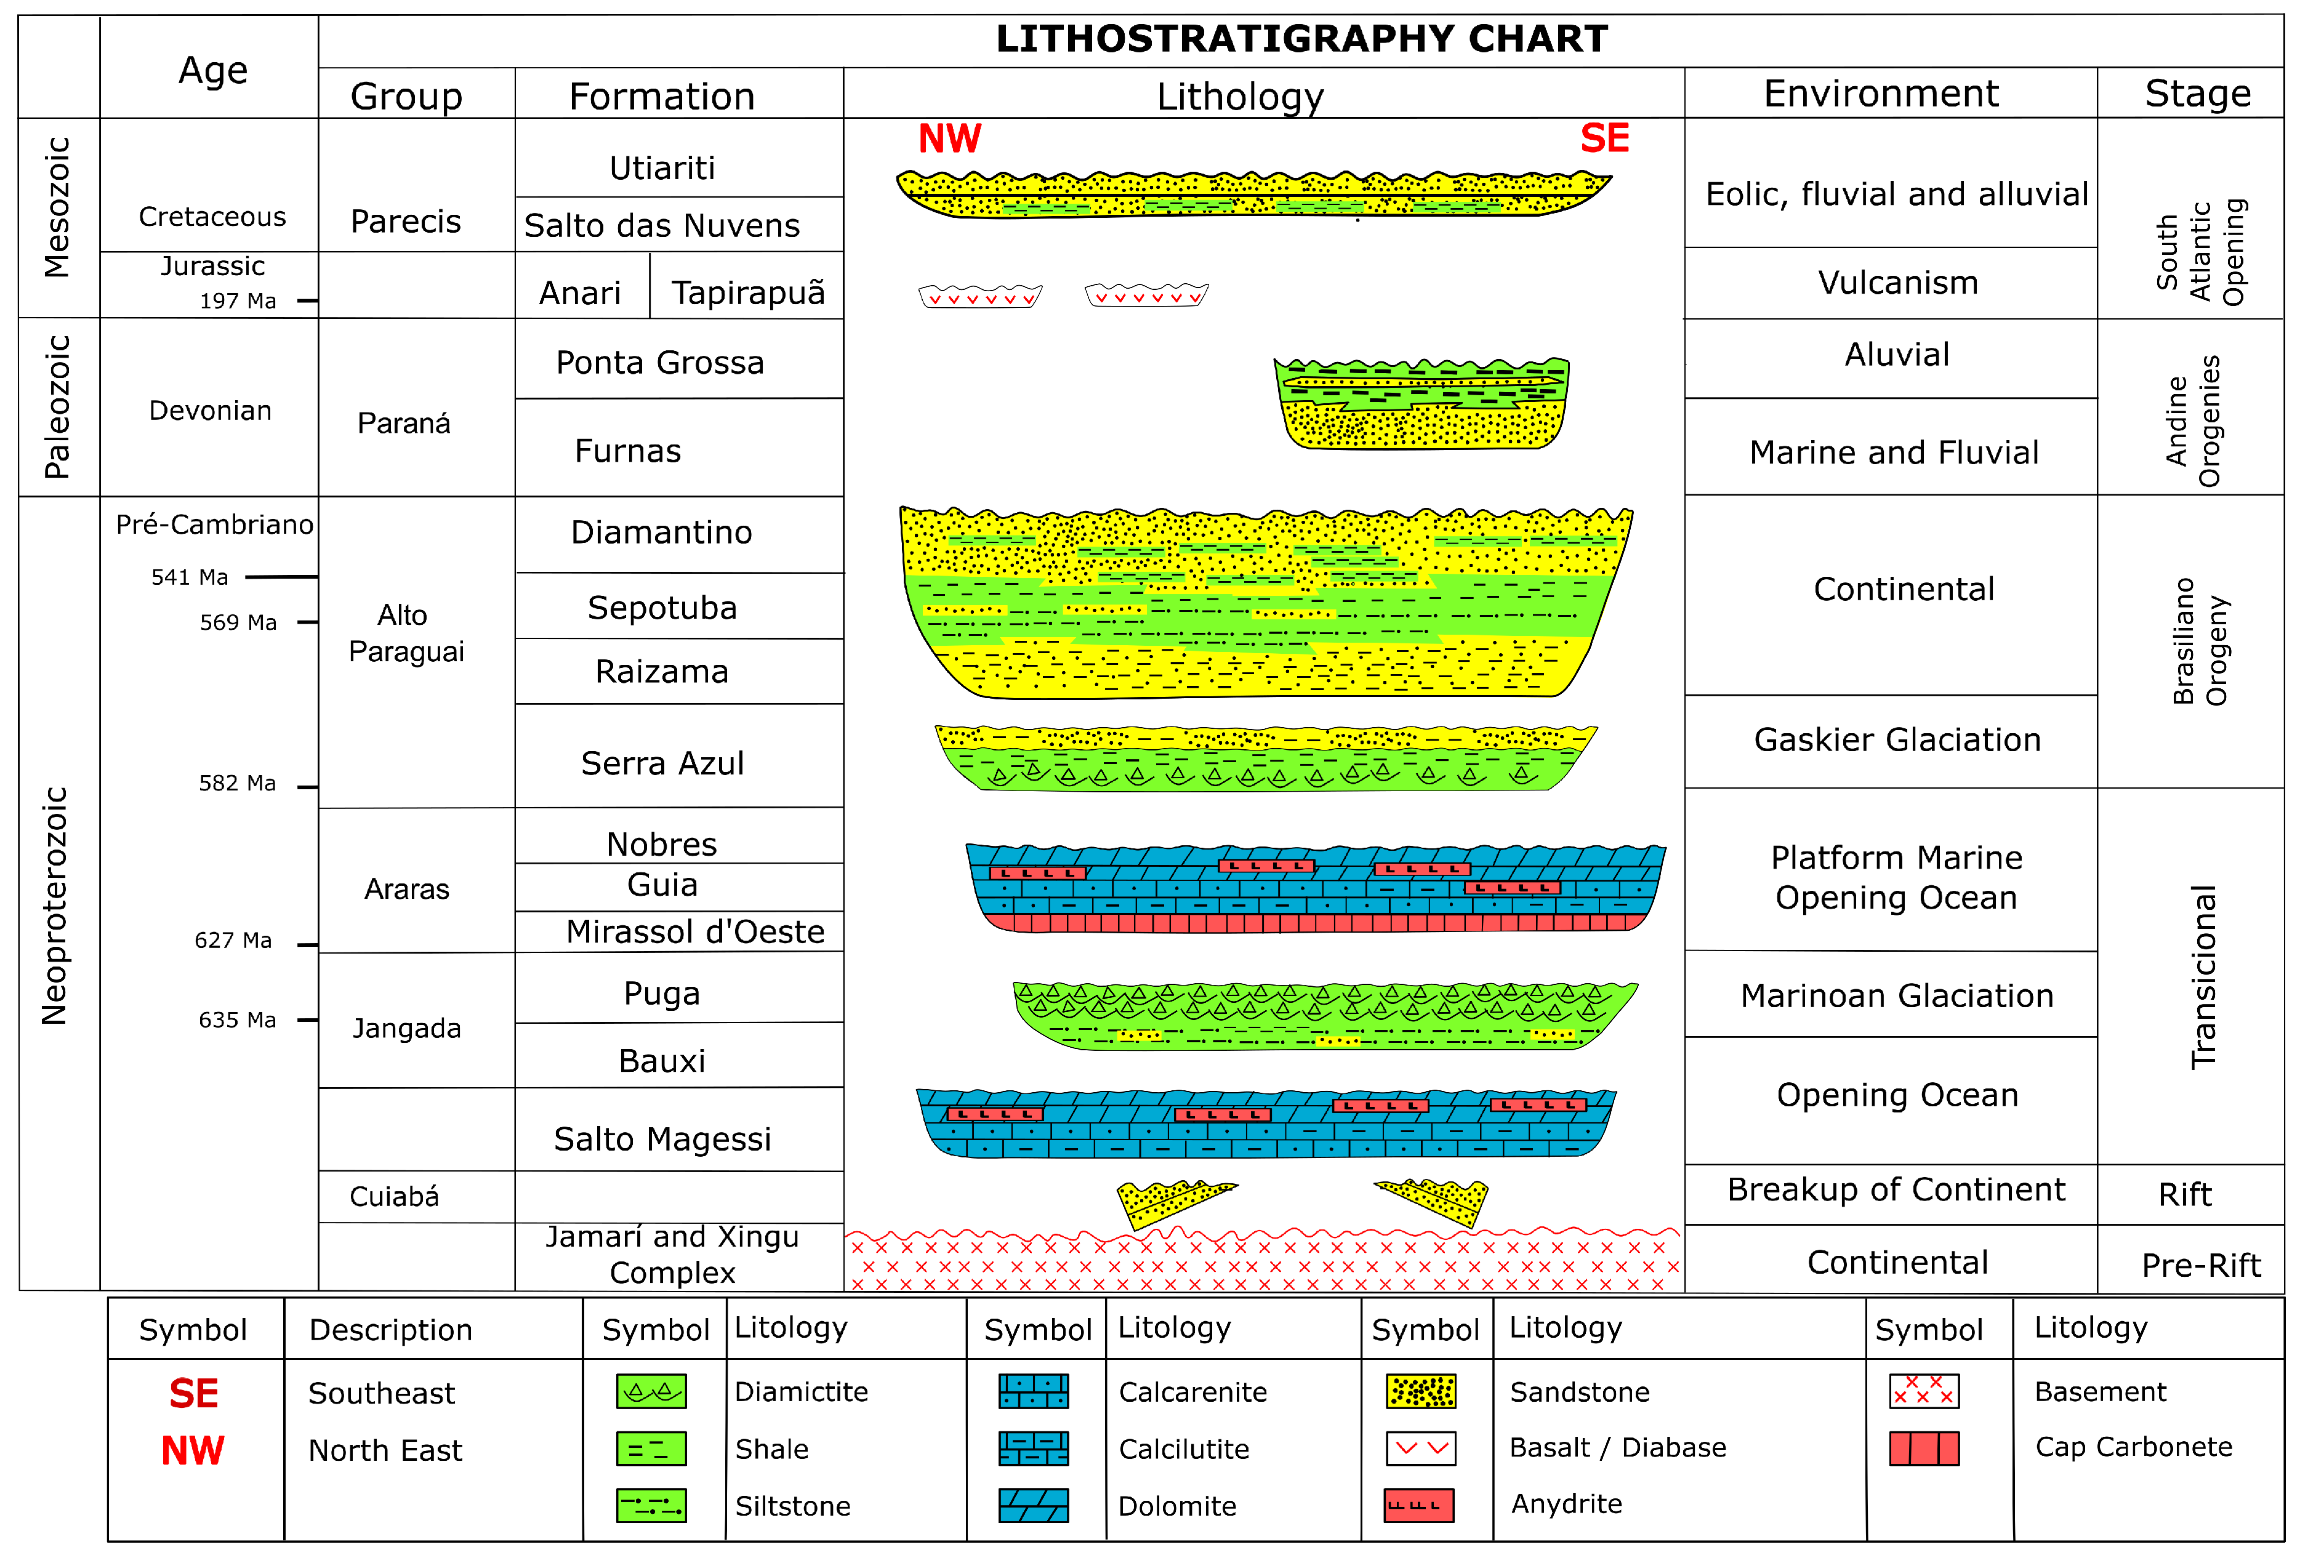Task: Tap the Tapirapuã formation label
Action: coord(748,293)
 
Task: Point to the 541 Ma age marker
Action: coord(190,577)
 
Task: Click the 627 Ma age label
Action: coord(233,940)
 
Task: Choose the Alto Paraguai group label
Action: coord(406,633)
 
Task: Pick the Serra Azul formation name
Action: coord(662,763)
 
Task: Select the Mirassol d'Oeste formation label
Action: coord(695,931)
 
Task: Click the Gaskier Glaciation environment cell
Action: coord(1897,740)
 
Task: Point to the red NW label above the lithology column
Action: coord(949,139)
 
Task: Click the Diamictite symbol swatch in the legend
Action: coord(651,1391)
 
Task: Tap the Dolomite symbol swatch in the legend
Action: coord(1033,1505)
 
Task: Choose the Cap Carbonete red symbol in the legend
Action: coord(1924,1449)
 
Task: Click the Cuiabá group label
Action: coord(394,1197)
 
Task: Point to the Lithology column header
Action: coord(1240,96)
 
